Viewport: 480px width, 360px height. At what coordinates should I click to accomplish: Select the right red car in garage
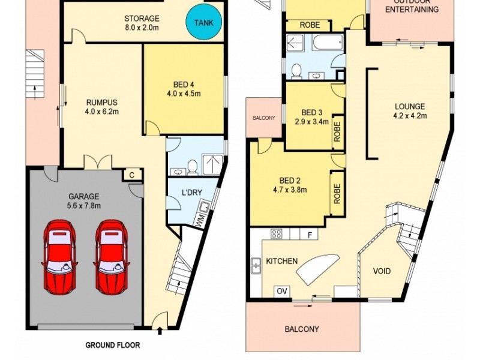pos(111,257)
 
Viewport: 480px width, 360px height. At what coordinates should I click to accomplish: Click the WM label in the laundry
pos(199,220)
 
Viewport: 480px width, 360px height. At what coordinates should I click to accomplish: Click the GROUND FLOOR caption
pos(112,346)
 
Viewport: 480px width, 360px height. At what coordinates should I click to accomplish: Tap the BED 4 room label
pos(183,89)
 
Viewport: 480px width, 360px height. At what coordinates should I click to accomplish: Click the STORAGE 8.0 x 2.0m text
pos(142,23)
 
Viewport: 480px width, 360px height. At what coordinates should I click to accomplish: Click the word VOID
pos(382,271)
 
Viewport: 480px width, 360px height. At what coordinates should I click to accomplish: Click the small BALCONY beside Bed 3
pos(263,118)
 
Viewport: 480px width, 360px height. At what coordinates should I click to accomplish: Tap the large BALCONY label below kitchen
pos(301,329)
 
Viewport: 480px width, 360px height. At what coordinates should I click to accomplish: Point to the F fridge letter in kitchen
pos(310,234)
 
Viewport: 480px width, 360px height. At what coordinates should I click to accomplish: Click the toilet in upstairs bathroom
pos(295,71)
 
